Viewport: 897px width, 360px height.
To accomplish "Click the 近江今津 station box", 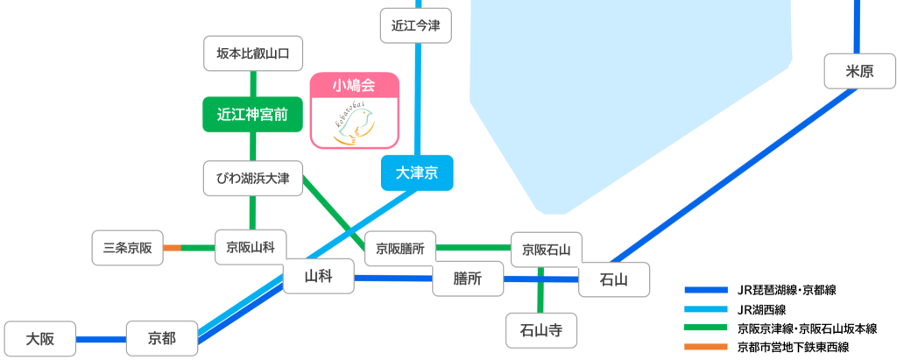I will click(416, 25).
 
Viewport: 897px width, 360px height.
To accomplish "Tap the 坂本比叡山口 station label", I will click(253, 53).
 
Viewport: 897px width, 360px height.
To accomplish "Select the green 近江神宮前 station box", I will click(253, 114).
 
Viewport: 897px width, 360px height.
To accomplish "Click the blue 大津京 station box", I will click(417, 173).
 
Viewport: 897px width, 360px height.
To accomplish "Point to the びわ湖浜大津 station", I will click(253, 179).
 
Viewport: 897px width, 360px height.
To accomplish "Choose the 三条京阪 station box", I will click(128, 248).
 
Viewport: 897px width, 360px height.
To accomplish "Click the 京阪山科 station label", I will click(251, 247).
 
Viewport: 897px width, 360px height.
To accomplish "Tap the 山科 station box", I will click(317, 279).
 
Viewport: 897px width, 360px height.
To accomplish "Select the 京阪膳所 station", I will click(400, 249).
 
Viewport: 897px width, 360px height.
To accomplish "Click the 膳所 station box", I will click(469, 279).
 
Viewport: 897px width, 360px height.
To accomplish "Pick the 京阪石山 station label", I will click(546, 250).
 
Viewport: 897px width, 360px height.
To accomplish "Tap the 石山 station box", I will click(613, 279).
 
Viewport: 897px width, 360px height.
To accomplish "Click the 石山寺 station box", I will click(541, 330).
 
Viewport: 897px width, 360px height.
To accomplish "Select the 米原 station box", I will click(859, 72).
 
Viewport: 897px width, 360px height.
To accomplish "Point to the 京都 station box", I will click(162, 338).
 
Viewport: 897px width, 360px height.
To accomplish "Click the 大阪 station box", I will click(40, 338).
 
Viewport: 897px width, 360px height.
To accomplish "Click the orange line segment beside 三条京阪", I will click(172, 248).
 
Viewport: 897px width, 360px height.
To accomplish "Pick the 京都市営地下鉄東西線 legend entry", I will click(793, 348).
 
